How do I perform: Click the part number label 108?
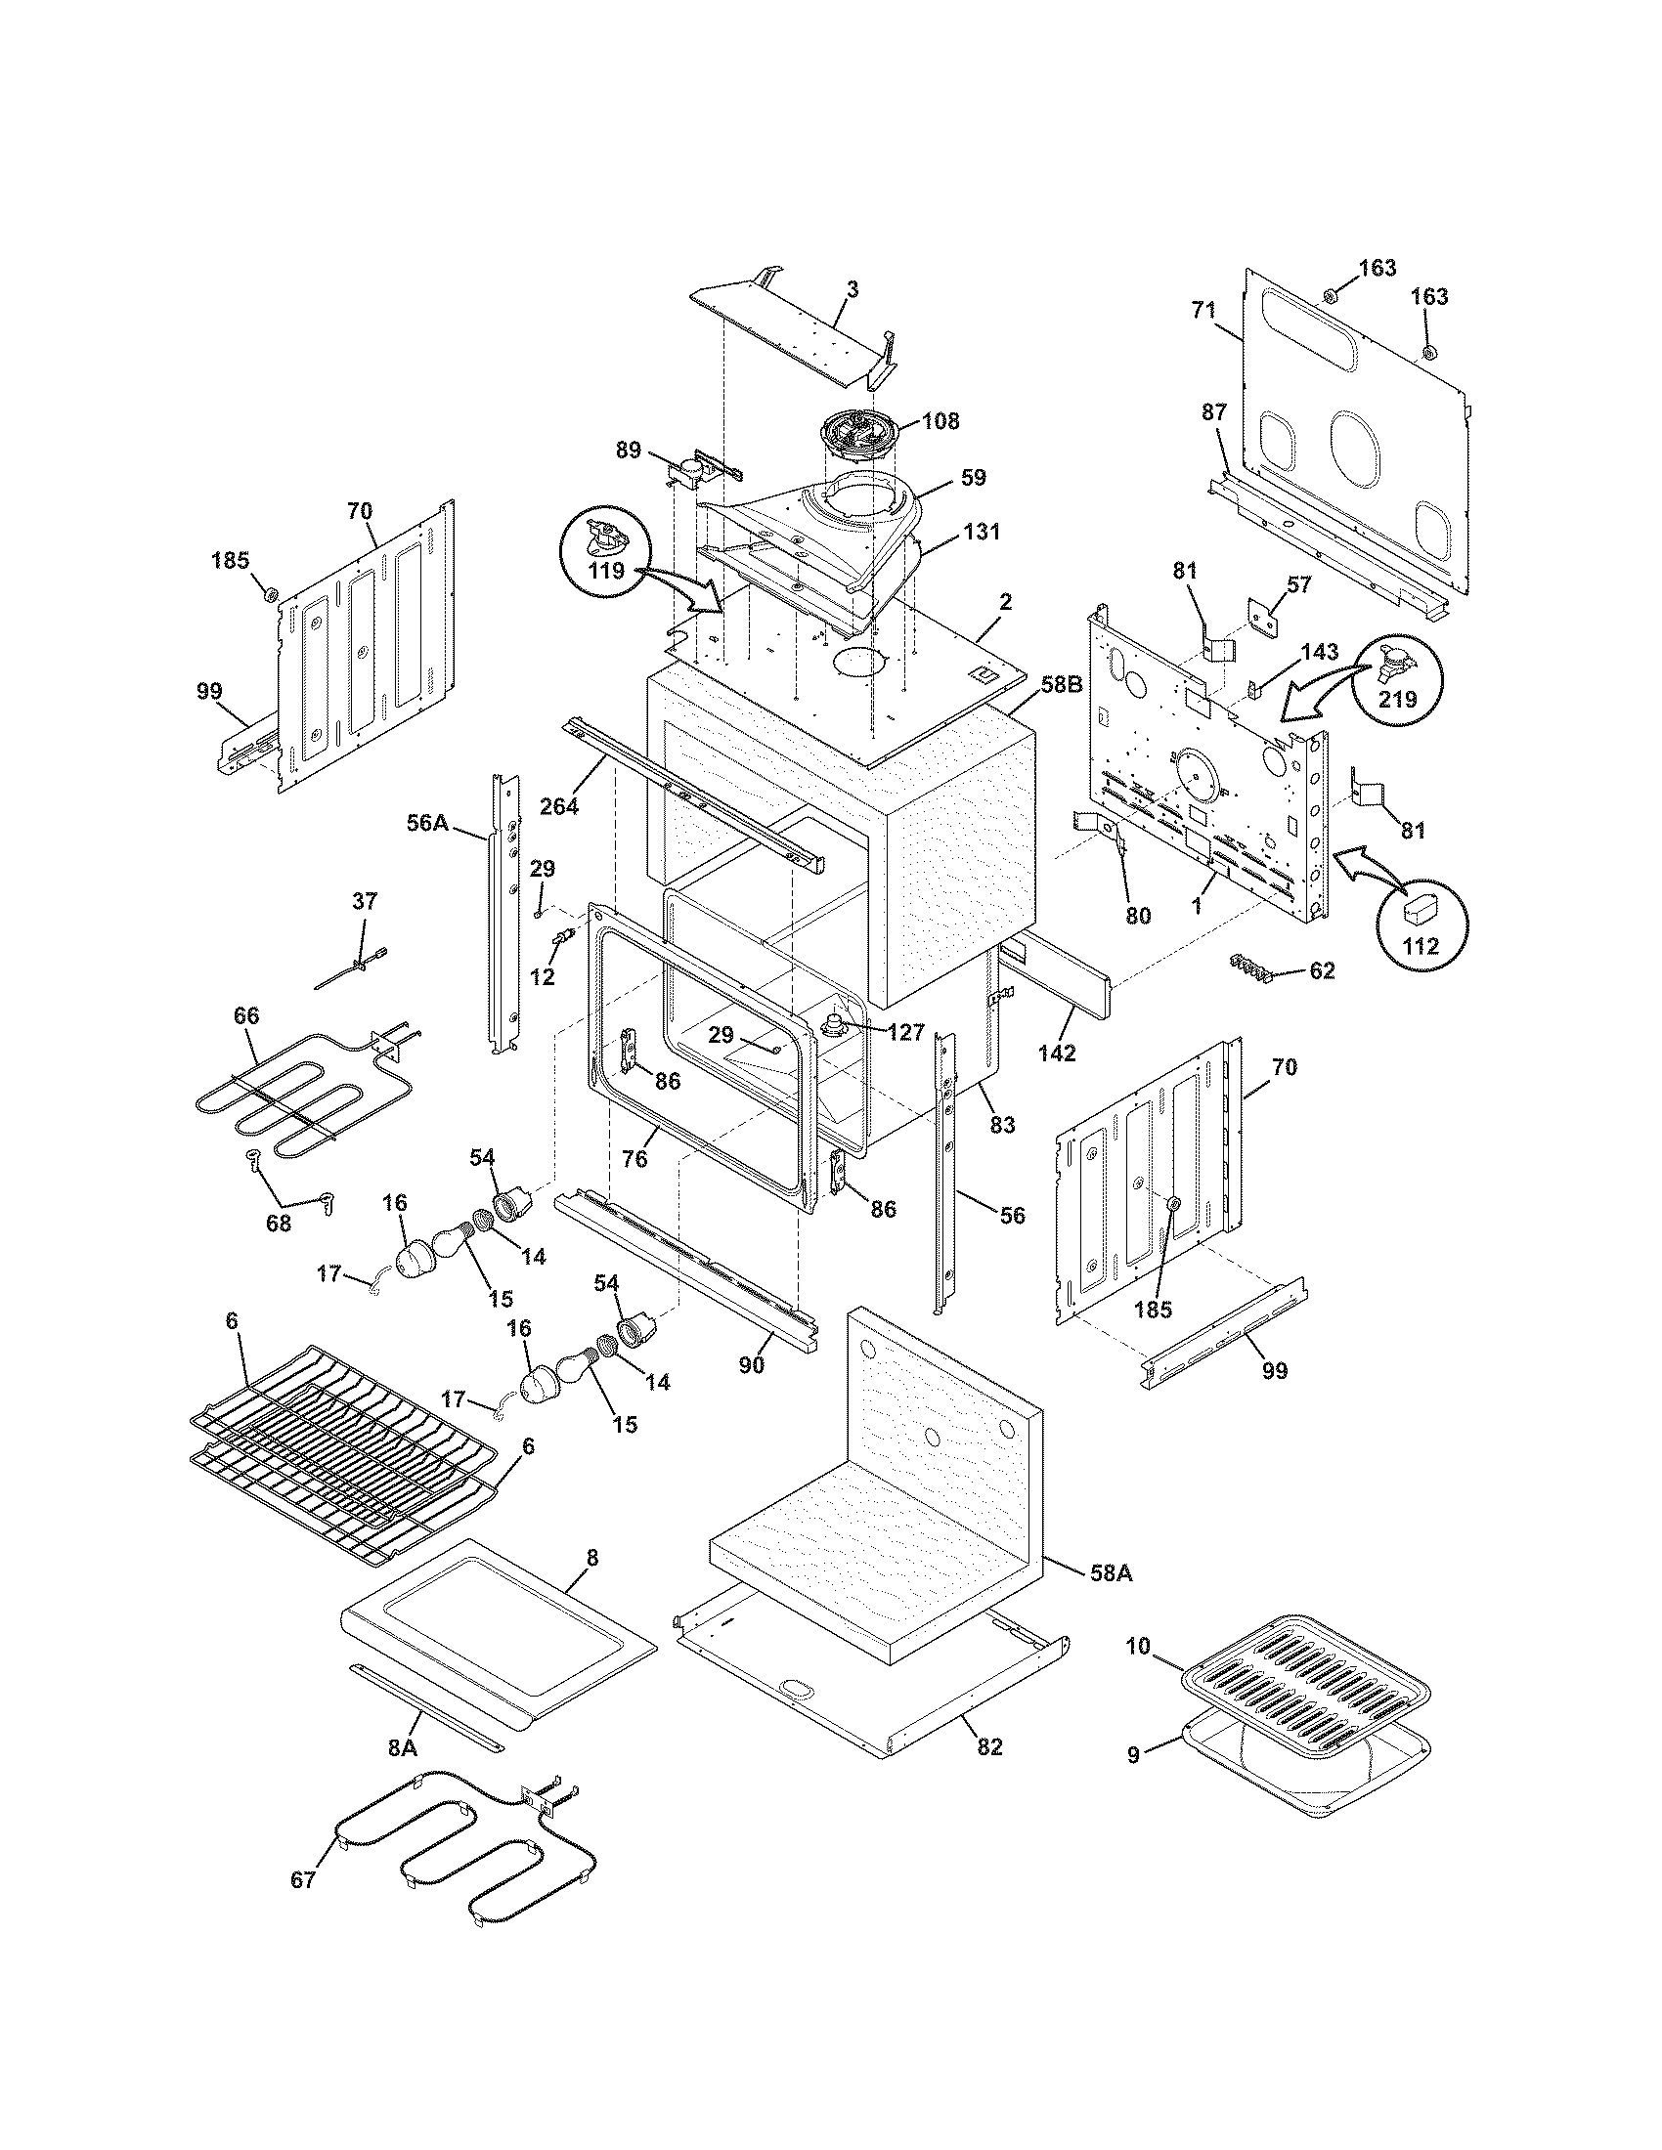941,421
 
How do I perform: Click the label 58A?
1111,1573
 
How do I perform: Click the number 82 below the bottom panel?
989,1747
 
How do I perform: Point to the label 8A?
402,1747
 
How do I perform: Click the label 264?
558,805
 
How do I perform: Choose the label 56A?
427,823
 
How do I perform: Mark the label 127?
904,1032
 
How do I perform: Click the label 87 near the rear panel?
1214,412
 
